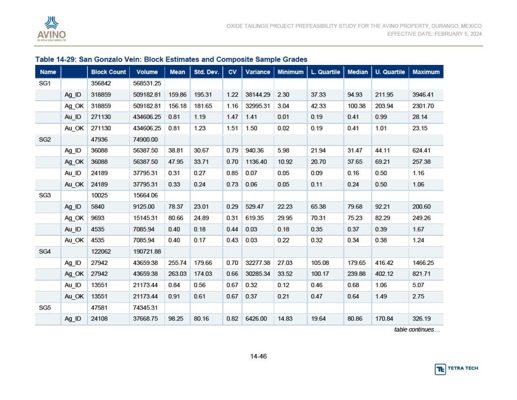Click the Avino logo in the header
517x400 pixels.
[51, 29]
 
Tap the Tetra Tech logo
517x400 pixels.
[456, 368]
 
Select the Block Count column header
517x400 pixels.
[109, 72]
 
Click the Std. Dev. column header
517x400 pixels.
[206, 72]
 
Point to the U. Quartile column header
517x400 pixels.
[390, 72]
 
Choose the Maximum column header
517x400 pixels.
[426, 72]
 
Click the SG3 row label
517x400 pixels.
[45, 195]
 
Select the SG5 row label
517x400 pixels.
[45, 308]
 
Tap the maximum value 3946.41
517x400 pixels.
[423, 95]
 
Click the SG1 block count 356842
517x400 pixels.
[101, 83]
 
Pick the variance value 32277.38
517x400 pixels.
[258, 263]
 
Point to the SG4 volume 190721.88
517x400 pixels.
[147, 251]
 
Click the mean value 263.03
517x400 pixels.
[177, 274]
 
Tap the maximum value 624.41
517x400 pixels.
[422, 151]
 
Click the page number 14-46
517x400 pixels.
[258, 356]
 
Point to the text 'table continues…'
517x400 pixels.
[417, 330]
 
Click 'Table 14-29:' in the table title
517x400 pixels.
[56, 59]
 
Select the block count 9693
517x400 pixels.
[98, 218]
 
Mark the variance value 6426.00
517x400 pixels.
[256, 319]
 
